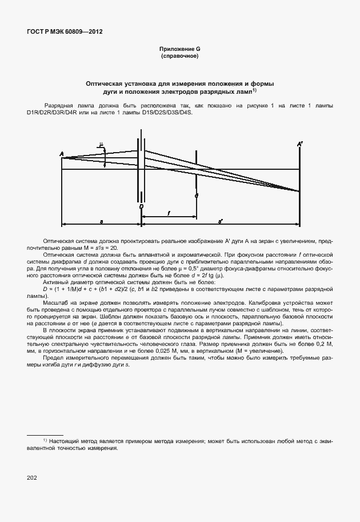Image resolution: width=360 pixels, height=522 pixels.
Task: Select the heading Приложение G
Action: click(180, 50)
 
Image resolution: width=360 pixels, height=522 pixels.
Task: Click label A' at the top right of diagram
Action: click(299, 145)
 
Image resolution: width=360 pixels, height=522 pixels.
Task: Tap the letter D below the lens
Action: click(141, 206)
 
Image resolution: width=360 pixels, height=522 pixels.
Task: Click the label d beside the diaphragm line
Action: click(196, 196)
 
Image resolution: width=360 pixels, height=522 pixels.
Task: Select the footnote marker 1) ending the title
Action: click(254, 90)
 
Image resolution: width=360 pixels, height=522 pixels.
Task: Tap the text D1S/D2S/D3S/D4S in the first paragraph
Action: click(170, 113)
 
